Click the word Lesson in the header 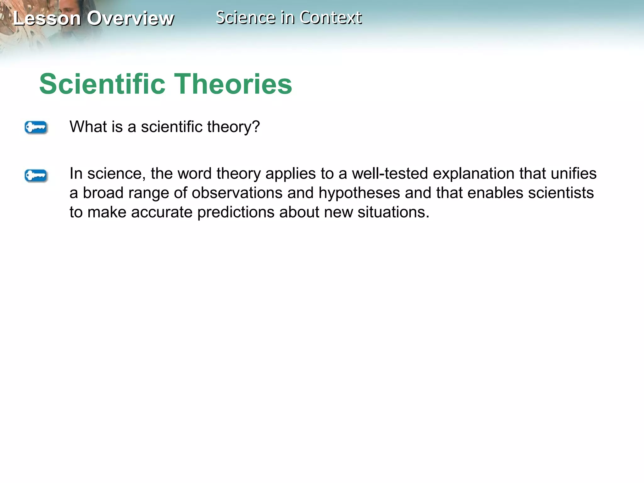coord(47,19)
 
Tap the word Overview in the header coord(130,19)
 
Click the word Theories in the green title coord(233,84)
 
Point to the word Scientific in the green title coord(102,84)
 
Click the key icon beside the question coord(36,128)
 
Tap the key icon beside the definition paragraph coord(36,175)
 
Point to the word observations coord(237,193)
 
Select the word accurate coord(162,213)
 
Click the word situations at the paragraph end coord(393,213)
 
